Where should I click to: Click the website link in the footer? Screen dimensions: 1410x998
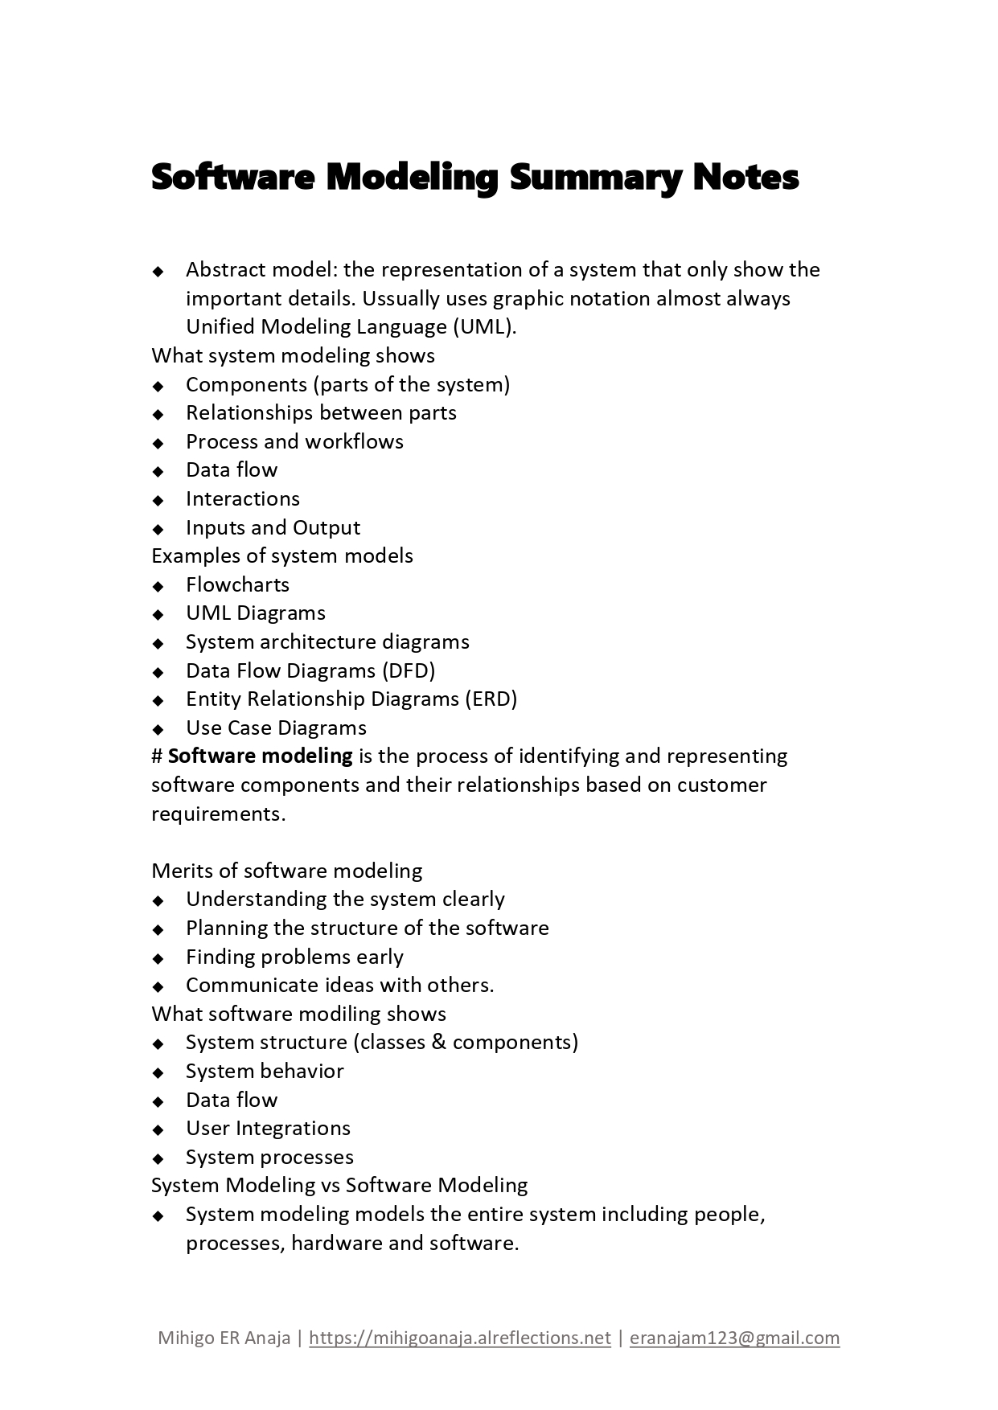(459, 1338)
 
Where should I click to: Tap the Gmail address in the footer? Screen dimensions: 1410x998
(734, 1338)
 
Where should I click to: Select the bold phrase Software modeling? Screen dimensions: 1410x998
(260, 756)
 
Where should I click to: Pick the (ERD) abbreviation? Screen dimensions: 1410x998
(491, 699)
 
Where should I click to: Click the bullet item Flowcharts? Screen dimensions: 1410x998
(237, 584)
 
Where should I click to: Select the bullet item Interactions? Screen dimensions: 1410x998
(242, 499)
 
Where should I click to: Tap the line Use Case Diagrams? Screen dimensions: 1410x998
(276, 728)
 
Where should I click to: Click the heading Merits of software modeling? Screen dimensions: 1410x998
(286, 871)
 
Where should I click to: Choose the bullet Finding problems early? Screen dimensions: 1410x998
(294, 957)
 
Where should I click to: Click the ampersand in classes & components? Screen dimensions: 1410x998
(438, 1043)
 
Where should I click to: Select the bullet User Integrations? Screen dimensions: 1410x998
(268, 1129)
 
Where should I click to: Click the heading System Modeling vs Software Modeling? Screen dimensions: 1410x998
(339, 1186)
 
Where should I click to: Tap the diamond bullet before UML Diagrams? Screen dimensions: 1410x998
(158, 614)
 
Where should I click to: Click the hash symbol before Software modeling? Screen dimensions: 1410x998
(158, 756)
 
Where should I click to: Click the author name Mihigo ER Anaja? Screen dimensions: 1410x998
(224, 1338)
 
